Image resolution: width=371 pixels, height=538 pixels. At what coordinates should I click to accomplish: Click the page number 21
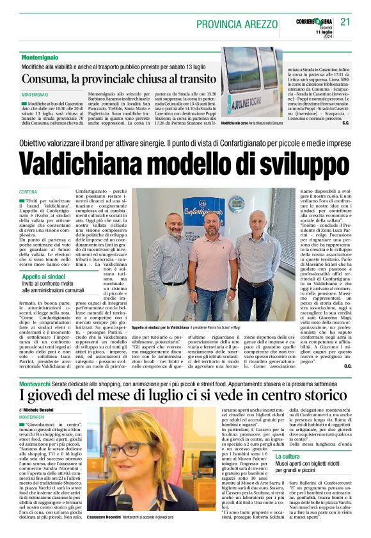click(x=345, y=22)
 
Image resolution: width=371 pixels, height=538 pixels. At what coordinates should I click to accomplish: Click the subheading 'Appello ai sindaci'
click(x=47, y=277)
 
